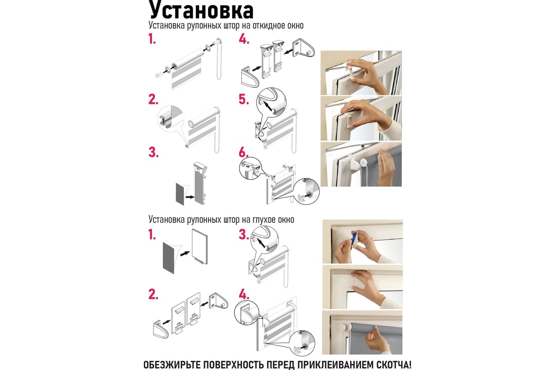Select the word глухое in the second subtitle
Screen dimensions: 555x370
point(264,220)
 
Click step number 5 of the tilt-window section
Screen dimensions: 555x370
point(244,99)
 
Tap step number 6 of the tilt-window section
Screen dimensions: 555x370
point(244,152)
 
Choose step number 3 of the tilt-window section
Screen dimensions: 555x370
point(154,152)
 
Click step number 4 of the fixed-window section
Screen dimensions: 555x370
point(244,295)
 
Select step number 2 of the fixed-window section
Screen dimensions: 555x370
point(154,295)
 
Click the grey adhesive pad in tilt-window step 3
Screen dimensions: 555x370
point(180,194)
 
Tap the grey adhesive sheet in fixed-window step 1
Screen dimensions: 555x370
point(169,258)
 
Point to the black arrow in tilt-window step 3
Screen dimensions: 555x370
point(190,197)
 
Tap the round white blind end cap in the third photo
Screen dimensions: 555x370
point(364,163)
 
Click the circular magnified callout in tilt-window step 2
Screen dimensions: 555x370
point(171,118)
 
